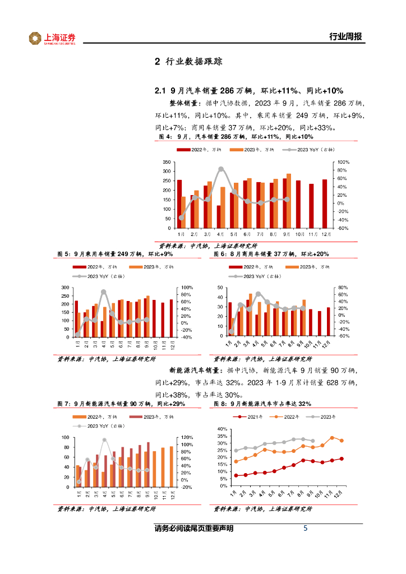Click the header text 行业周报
345,37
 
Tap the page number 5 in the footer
305,528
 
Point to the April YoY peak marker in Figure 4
221,169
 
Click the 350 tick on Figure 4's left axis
166,162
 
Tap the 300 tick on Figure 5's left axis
66,288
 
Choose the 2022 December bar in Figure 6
329,322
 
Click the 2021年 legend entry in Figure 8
251,417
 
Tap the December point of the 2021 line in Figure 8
341,459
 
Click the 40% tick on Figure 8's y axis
222,429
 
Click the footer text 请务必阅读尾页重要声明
193,529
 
